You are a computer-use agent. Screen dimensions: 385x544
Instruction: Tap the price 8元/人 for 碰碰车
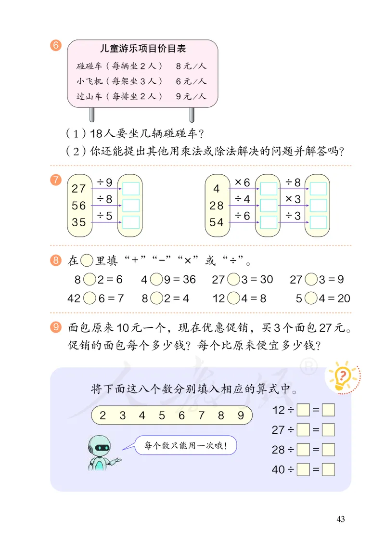pyautogui.click(x=191, y=66)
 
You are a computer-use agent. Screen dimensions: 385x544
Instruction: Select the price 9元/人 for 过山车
pyautogui.click(x=191, y=96)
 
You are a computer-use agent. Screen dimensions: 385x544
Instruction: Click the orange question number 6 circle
pyautogui.click(x=55, y=46)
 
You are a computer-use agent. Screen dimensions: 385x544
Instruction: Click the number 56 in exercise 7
pyautogui.click(x=78, y=206)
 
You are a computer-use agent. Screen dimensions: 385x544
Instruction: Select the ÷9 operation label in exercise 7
pyautogui.click(x=104, y=182)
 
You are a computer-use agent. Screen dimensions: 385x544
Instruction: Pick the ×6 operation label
pyautogui.click(x=242, y=182)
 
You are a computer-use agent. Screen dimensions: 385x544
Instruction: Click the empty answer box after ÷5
pyautogui.click(x=130, y=222)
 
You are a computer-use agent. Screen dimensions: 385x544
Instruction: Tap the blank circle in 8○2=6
pyautogui.click(x=89, y=279)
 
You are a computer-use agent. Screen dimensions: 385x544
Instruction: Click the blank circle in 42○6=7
pyautogui.click(x=89, y=298)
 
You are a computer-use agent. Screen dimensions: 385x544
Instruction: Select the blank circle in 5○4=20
pyautogui.click(x=310, y=298)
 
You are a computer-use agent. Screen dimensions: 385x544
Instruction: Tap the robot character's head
pyautogui.click(x=101, y=446)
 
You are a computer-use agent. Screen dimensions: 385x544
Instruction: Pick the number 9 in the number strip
pyautogui.click(x=241, y=415)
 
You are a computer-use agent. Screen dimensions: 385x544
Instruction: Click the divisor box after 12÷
pyautogui.click(x=303, y=411)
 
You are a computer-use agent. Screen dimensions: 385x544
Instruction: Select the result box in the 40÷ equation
pyautogui.click(x=328, y=469)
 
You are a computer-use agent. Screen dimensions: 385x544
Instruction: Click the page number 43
pyautogui.click(x=341, y=519)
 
